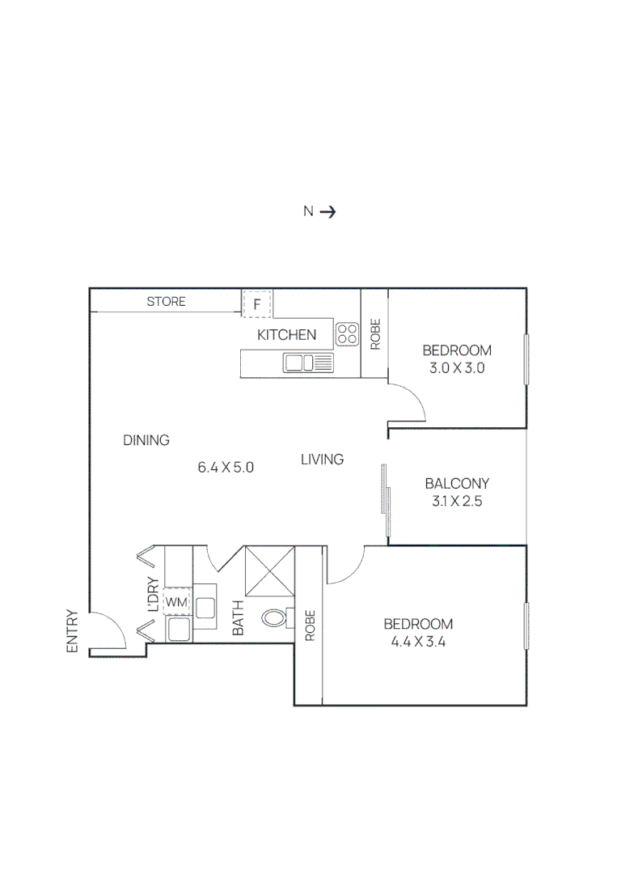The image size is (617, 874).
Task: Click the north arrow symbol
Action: tap(328, 212)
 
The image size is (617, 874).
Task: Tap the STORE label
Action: tap(166, 302)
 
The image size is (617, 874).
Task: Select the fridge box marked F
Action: tap(257, 304)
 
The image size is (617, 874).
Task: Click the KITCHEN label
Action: tap(286, 335)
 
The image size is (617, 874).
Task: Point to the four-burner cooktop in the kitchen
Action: tap(348, 333)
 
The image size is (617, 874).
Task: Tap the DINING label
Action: tap(146, 441)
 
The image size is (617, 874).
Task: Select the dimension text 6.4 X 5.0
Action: tap(226, 467)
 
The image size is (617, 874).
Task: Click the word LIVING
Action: tap(322, 460)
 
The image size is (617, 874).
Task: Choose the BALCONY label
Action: tap(457, 484)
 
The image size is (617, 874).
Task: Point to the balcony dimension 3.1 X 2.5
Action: tap(457, 502)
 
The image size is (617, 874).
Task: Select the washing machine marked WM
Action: tap(176, 602)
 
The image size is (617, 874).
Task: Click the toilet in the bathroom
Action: tap(275, 619)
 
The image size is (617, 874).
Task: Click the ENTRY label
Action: tap(72, 631)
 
